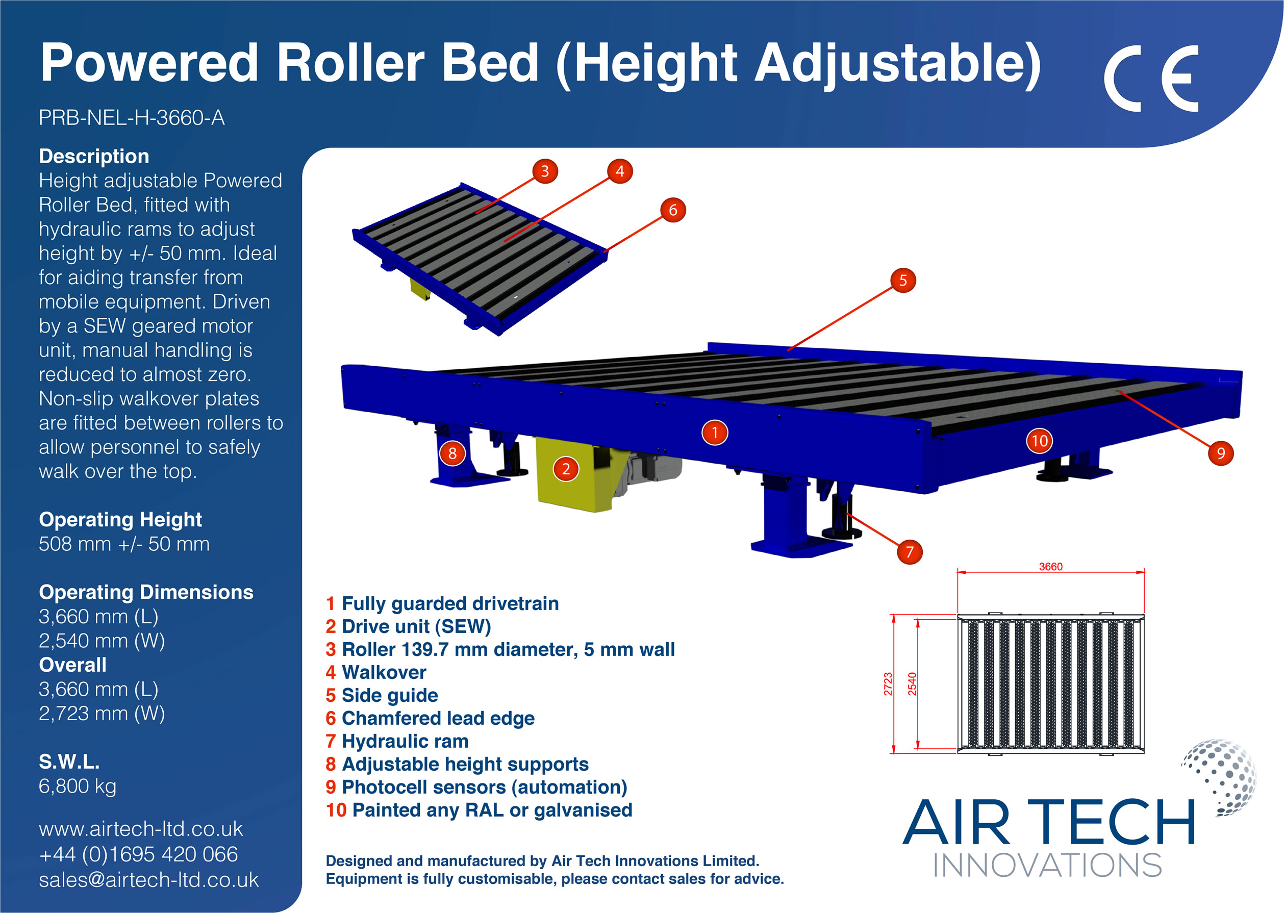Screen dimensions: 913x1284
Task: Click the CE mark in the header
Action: pyautogui.click(x=1151, y=79)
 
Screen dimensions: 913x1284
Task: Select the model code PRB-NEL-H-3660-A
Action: pyautogui.click(x=132, y=117)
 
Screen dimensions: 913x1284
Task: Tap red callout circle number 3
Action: pyautogui.click(x=545, y=171)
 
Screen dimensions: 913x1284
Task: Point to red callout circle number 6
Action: pyautogui.click(x=673, y=210)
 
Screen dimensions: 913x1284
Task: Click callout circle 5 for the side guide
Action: pyautogui.click(x=903, y=280)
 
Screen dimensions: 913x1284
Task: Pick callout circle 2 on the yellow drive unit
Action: pyautogui.click(x=566, y=469)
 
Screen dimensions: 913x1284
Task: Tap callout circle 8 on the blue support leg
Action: pyautogui.click(x=452, y=453)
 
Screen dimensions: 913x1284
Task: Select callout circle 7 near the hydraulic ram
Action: pyautogui.click(x=910, y=551)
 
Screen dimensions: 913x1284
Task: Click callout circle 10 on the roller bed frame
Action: pyautogui.click(x=1040, y=441)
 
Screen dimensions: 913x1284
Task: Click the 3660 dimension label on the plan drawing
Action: pyautogui.click(x=1050, y=566)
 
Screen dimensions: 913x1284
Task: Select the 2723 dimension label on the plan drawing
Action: pyautogui.click(x=888, y=683)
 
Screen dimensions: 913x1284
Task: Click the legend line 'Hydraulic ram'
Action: pyautogui.click(x=397, y=741)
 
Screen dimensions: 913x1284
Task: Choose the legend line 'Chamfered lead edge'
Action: pyautogui.click(x=430, y=718)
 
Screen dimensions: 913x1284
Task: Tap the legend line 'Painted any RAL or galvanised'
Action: pyautogui.click(x=479, y=809)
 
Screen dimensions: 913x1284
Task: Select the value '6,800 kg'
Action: pyautogui.click(x=78, y=785)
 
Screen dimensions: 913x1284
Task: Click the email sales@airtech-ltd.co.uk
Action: pyautogui.click(x=148, y=879)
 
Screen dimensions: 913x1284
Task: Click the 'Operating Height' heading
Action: pyautogui.click(x=120, y=519)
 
